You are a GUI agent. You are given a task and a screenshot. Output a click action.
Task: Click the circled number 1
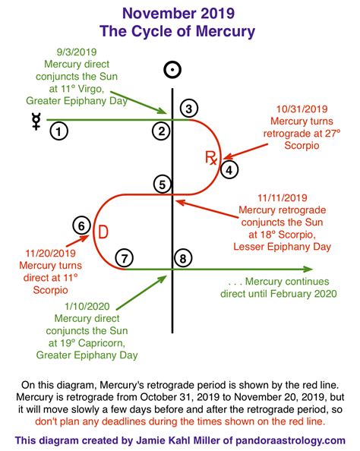coord(59,131)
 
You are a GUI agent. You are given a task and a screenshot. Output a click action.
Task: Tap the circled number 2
coord(160,131)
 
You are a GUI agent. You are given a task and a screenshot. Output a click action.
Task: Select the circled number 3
coord(189,108)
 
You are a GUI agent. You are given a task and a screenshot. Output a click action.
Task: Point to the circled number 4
coord(229,170)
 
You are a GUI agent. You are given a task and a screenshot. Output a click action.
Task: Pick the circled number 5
coord(161,184)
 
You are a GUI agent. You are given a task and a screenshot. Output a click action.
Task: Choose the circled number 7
coord(125,258)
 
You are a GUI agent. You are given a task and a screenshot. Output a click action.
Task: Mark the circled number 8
coord(182,258)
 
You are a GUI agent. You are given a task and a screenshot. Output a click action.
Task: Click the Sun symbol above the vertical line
coord(174,71)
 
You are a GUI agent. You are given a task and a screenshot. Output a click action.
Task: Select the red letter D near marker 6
coord(102,231)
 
